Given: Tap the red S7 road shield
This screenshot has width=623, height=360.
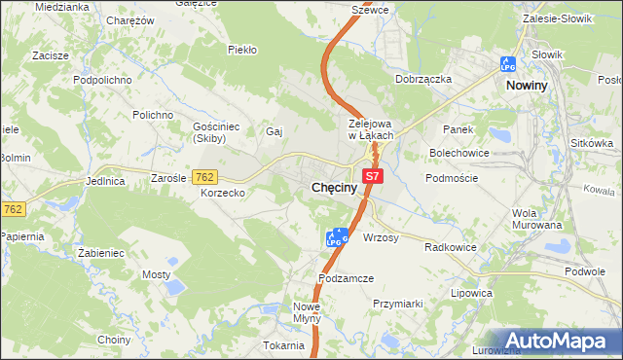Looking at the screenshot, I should [x=373, y=176].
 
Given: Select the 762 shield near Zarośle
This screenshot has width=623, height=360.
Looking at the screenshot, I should [x=204, y=177].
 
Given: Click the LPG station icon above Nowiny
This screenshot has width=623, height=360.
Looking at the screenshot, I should [x=507, y=63].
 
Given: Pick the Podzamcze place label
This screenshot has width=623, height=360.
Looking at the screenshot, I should [x=346, y=278].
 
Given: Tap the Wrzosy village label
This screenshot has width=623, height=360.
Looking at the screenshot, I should [x=381, y=237].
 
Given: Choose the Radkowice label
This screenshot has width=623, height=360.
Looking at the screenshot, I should [x=451, y=247].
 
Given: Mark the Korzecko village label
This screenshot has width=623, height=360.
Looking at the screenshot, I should [x=223, y=194].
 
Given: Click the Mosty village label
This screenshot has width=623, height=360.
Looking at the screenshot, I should [x=156, y=275].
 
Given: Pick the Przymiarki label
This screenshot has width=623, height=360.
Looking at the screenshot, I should [x=398, y=304].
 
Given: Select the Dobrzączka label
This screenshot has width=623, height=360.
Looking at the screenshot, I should [x=423, y=79].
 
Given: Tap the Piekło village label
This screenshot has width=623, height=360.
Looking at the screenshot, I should [x=241, y=49].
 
